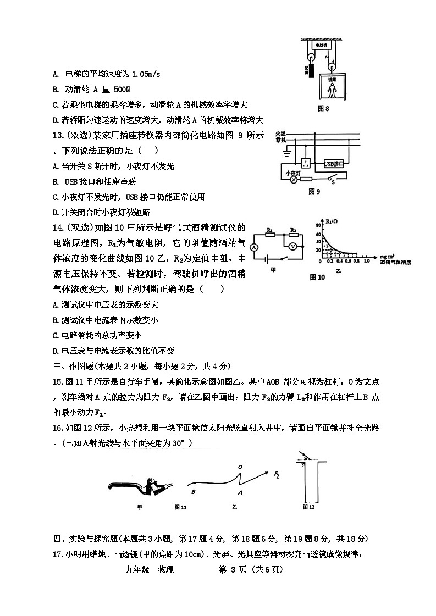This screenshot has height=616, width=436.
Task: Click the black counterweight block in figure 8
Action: coord(310,72)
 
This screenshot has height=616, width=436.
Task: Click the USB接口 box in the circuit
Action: coord(333,163)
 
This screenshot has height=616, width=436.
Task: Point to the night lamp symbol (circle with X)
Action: coord(293,179)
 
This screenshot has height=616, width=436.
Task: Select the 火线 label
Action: coord(279,134)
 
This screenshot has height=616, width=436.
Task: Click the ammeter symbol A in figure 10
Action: coord(254,248)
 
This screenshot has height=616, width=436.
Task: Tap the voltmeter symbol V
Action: coord(294,248)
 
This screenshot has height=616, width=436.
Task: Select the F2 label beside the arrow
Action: coord(278,473)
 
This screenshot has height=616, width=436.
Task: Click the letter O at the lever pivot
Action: coord(240,467)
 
